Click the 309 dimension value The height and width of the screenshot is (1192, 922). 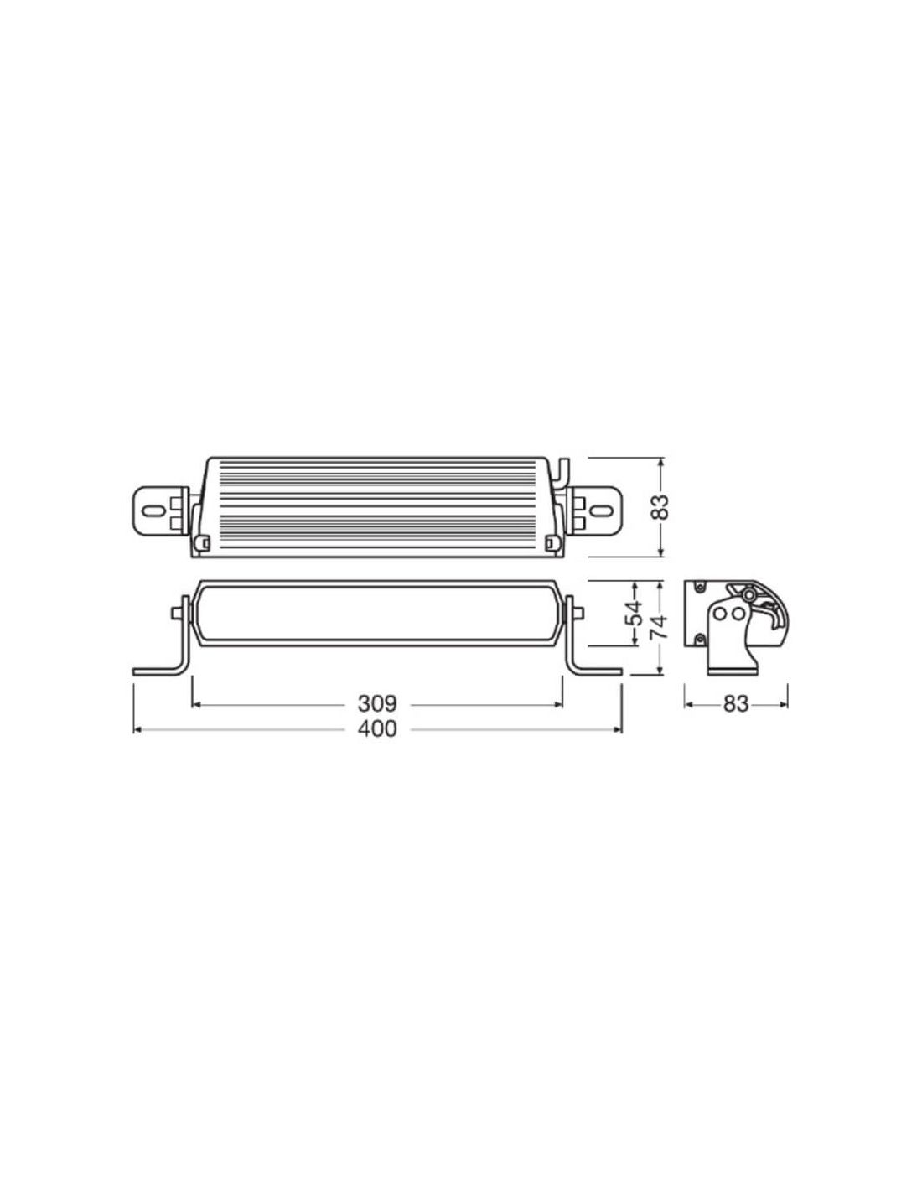(377, 704)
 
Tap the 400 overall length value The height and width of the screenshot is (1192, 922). (377, 729)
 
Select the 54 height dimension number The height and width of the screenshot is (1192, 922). (633, 614)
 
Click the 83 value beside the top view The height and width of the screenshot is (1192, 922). (662, 506)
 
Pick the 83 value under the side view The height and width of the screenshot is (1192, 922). (736, 704)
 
